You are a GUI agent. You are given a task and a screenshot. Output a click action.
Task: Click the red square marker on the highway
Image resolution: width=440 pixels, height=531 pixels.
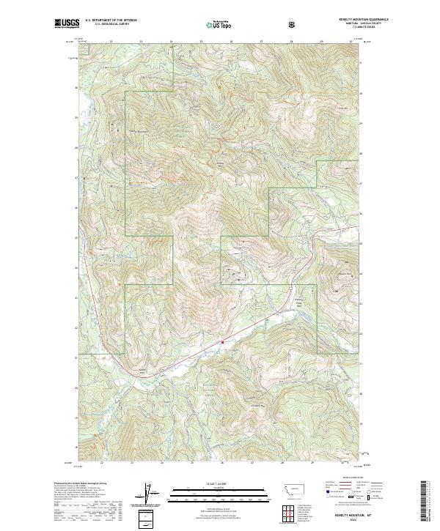pyautogui.click(x=222, y=341)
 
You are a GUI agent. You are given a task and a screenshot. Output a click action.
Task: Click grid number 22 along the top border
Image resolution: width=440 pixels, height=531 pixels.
pyautogui.click(x=110, y=42)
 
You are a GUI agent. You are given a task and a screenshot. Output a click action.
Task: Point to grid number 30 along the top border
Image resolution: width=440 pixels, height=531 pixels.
pyautogui.click(x=351, y=42)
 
